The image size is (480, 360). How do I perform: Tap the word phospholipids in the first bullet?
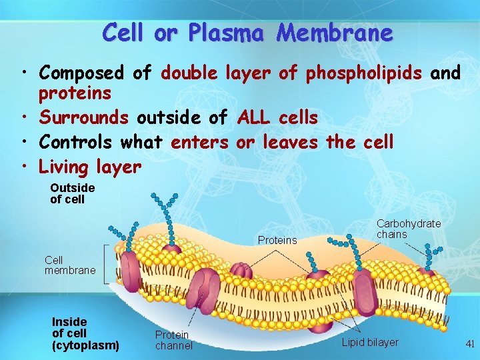click(x=363, y=73)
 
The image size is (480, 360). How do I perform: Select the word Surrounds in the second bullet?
click(x=83, y=118)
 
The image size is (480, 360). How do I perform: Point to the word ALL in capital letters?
click(x=253, y=118)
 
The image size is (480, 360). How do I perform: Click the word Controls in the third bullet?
click(x=76, y=142)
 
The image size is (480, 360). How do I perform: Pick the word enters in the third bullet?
click(x=199, y=142)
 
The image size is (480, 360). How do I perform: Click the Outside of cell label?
click(x=72, y=193)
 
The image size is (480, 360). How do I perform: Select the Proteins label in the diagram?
click(x=277, y=240)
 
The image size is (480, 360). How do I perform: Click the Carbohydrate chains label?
click(x=408, y=229)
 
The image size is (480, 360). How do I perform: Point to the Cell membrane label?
click(x=70, y=265)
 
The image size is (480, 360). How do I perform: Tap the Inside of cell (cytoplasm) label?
click(x=85, y=334)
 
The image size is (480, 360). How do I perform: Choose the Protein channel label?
click(x=173, y=340)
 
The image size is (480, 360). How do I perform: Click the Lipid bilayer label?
click(x=370, y=343)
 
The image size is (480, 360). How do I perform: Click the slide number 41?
click(x=469, y=344)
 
